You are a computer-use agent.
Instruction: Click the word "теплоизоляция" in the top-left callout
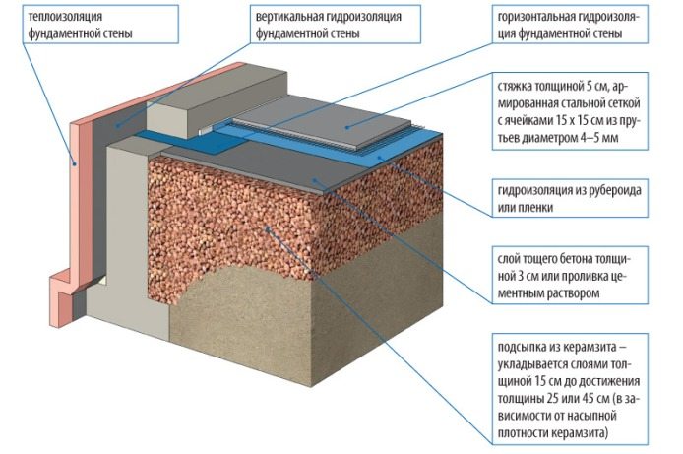tap(65, 17)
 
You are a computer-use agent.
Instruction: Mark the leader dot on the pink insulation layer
tap(75, 164)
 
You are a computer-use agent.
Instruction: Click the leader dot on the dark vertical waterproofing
tap(117, 125)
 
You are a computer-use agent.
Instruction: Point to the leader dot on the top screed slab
tap(347, 127)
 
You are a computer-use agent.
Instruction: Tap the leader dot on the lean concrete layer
tap(314, 179)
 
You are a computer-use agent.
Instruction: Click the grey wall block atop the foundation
tap(217, 102)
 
